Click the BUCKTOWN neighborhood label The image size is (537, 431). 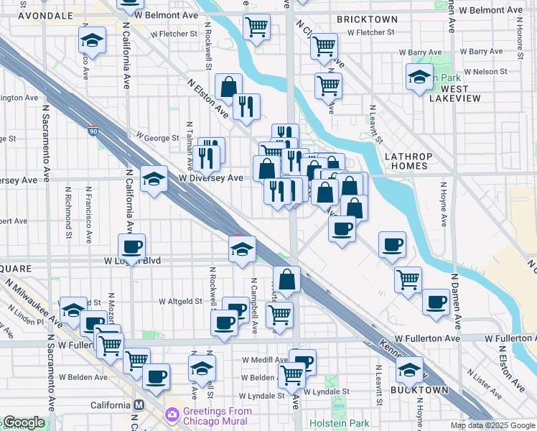(419, 390)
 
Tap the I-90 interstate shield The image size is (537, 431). (93, 131)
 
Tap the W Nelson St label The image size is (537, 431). (482, 71)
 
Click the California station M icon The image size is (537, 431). (139, 405)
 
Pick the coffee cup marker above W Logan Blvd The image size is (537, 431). (131, 247)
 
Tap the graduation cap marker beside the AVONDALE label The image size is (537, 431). (92, 41)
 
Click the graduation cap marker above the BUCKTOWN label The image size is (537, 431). (409, 371)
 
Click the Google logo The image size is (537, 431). (23, 423)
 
